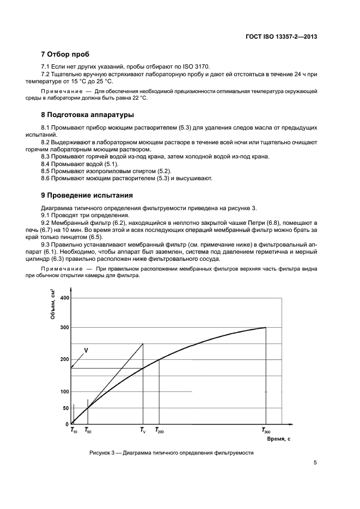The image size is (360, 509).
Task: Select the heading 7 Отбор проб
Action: point(65,54)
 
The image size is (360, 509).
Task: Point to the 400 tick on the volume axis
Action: point(65,298)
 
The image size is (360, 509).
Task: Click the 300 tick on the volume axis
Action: point(65,328)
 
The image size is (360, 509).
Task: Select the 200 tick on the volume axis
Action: point(65,359)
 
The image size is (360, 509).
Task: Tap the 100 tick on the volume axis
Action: point(65,392)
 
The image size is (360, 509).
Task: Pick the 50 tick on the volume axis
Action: point(66,408)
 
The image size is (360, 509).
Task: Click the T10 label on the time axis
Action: point(74,431)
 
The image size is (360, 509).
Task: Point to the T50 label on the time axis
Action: point(88,431)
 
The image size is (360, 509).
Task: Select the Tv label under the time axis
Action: point(143,431)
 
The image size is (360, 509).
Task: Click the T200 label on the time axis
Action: point(160,431)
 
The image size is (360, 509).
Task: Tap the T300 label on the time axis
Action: point(266,431)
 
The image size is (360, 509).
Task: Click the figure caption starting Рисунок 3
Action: point(172,453)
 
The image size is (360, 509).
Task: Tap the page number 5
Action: point(315,464)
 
